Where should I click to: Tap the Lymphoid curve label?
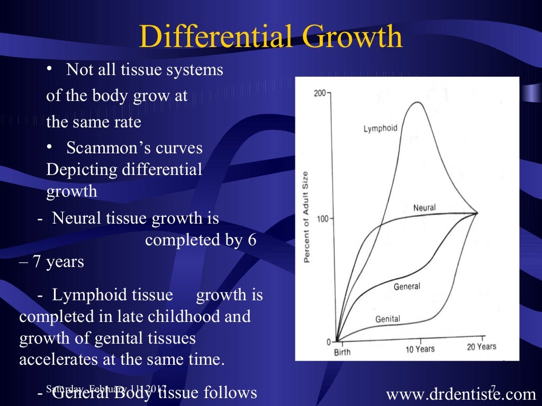pos(380,128)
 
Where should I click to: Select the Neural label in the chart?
pos(424,208)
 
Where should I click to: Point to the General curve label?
pos(406,287)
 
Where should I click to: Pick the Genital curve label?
pos(387,319)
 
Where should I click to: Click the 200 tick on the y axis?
pos(320,94)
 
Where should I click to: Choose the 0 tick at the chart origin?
pos(329,342)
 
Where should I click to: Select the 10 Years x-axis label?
pos(420,349)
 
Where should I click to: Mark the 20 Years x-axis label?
pos(481,347)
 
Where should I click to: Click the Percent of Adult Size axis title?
pos(306,217)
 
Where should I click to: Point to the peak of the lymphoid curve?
pos(418,102)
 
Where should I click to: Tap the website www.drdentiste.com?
pos(461,393)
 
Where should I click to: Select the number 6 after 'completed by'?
pos(252,240)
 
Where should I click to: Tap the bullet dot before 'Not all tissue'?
pos(49,70)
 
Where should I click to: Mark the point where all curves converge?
pos(477,213)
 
